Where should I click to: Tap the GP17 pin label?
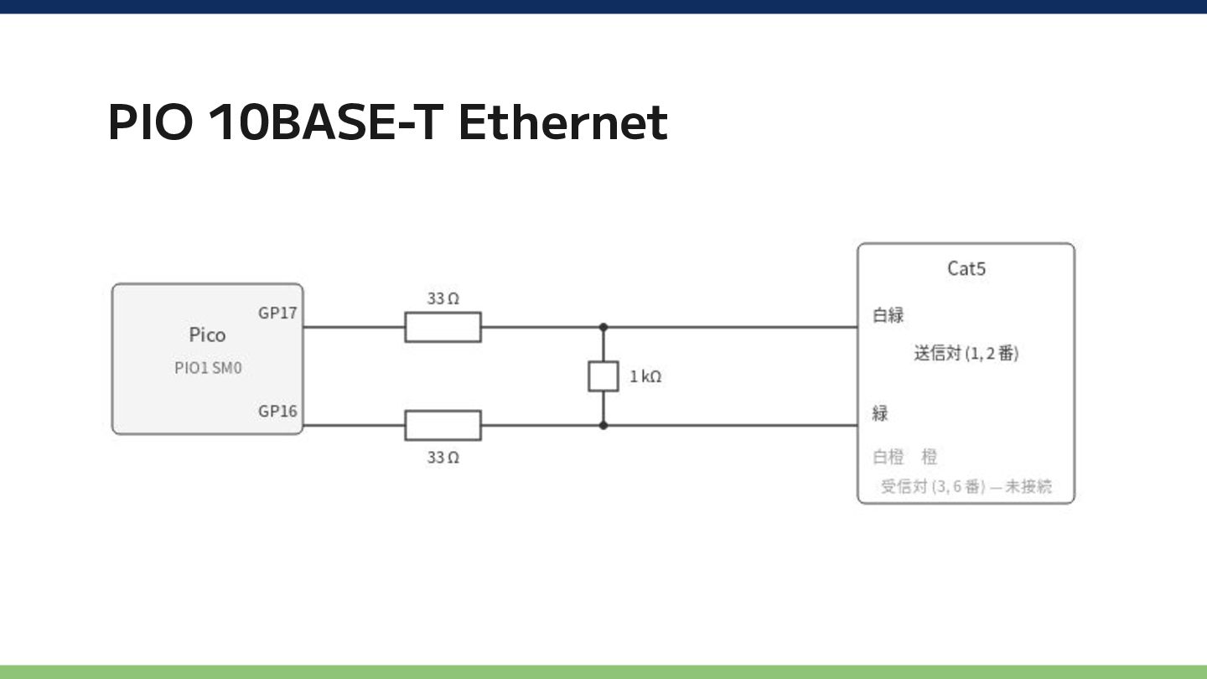pyautogui.click(x=277, y=314)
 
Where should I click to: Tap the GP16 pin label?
pyautogui.click(x=277, y=411)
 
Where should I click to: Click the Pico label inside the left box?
pyautogui.click(x=208, y=334)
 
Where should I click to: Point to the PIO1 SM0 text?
pyautogui.click(x=208, y=367)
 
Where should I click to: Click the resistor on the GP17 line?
pyautogui.click(x=443, y=327)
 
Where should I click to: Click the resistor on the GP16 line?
pyautogui.click(x=443, y=425)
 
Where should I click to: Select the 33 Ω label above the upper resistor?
pyautogui.click(x=443, y=298)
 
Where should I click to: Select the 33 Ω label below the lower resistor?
pyautogui.click(x=443, y=458)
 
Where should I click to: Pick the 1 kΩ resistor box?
pyautogui.click(x=603, y=376)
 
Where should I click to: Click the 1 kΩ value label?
pyautogui.click(x=645, y=376)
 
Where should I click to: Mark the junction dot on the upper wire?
pyautogui.click(x=603, y=327)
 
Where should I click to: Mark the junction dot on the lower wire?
pyautogui.click(x=603, y=425)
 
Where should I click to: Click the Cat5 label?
pyautogui.click(x=966, y=268)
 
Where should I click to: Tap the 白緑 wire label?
pyautogui.click(x=888, y=315)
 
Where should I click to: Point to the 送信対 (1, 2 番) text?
pyautogui.click(x=966, y=354)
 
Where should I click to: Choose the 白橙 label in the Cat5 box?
pyautogui.click(x=888, y=457)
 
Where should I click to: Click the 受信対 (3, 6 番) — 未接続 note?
pyautogui.click(x=966, y=486)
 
